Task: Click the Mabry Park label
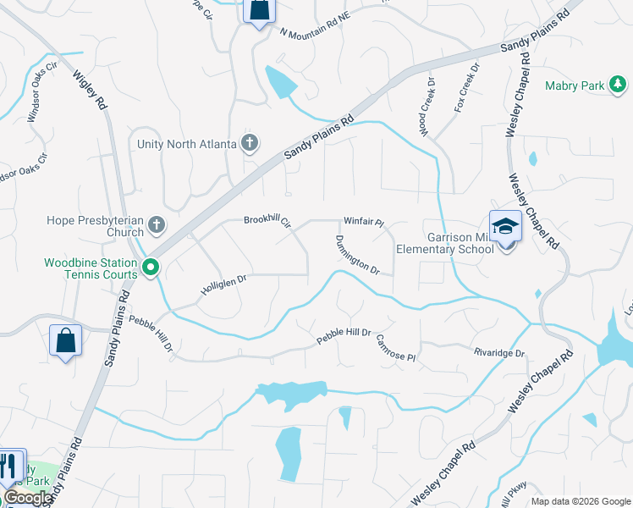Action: click(x=575, y=86)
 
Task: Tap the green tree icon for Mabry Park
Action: click(x=619, y=84)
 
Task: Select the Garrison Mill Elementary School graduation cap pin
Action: click(x=505, y=226)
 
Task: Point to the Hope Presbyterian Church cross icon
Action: click(x=156, y=225)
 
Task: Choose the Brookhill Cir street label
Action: click(x=267, y=221)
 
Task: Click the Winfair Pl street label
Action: click(x=364, y=224)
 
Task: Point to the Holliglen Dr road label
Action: click(x=223, y=284)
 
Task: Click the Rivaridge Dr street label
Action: click(x=499, y=352)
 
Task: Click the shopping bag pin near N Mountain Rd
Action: click(x=259, y=11)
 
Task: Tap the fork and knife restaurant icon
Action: click(x=10, y=465)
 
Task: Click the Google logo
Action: click(x=29, y=498)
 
